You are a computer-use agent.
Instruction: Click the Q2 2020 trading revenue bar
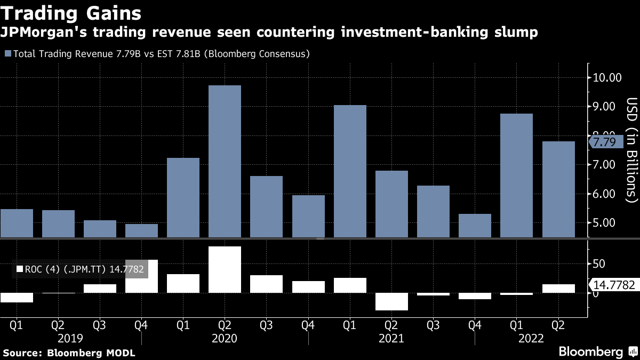[225, 161]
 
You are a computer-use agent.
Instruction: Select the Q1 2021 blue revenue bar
[350, 171]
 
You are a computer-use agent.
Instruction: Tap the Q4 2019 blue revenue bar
[141, 230]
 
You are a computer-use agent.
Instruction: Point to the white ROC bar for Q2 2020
[225, 269]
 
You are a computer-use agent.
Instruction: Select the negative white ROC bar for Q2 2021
[391, 301]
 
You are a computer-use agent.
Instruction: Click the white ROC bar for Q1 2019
[17, 298]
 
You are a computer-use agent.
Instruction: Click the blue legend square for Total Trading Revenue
[7, 54]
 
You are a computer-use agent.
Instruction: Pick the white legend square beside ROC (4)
[20, 270]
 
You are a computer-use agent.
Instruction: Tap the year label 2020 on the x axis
[224, 338]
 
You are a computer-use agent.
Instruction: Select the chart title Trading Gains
[70, 12]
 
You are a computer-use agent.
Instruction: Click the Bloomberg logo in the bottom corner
[590, 351]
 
